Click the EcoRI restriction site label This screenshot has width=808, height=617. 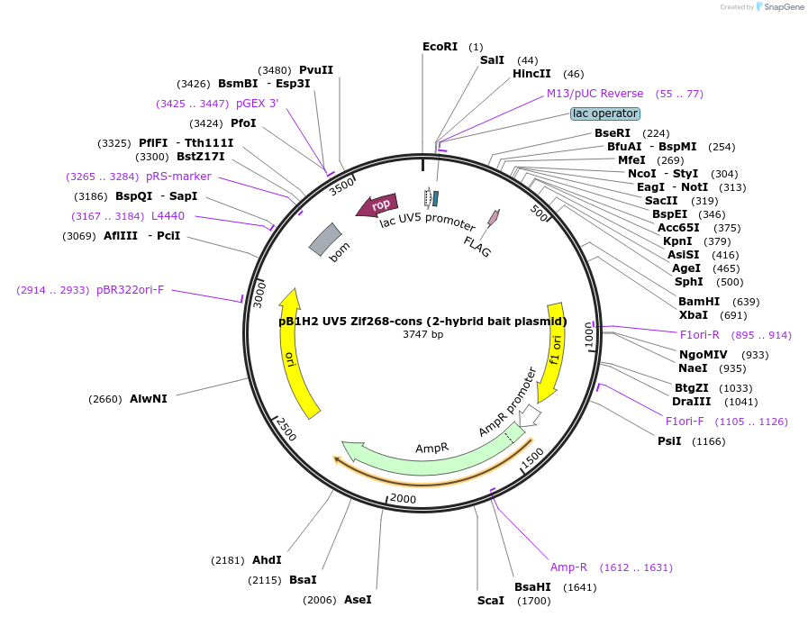(x=440, y=47)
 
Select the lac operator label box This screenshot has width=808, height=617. (x=605, y=113)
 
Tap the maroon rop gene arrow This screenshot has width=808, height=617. (x=377, y=206)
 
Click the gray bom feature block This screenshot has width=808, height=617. (x=324, y=239)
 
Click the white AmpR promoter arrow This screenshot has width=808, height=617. (x=530, y=414)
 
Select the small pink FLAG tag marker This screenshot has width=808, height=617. (x=493, y=217)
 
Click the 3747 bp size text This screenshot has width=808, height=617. (x=422, y=334)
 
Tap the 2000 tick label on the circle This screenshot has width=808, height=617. (x=402, y=499)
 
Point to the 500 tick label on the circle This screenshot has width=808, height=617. (x=540, y=213)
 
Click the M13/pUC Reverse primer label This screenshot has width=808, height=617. (x=595, y=94)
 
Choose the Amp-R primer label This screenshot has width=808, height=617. (x=568, y=567)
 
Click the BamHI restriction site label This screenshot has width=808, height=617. (x=699, y=302)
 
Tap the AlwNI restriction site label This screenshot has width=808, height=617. (x=148, y=399)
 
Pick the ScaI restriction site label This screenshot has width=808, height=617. (x=491, y=600)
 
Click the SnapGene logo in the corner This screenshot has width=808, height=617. (x=780, y=7)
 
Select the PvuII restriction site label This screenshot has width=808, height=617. (x=316, y=70)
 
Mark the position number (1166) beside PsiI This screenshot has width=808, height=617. (x=708, y=441)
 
